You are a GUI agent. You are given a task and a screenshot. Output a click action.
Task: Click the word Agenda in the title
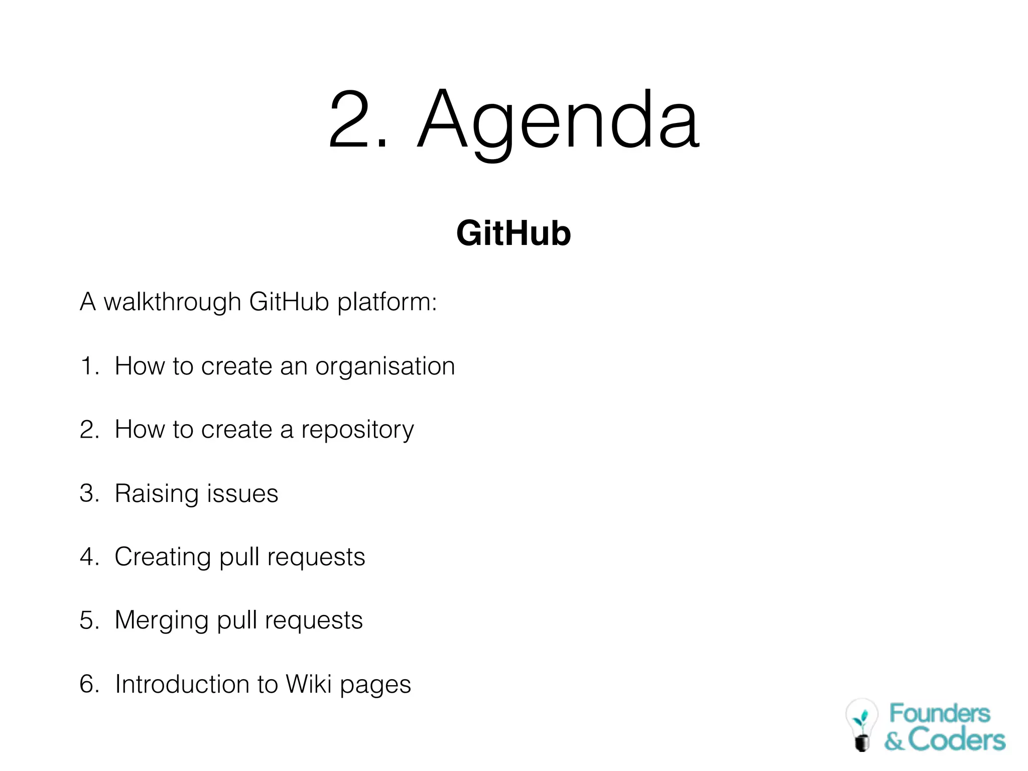pos(558,120)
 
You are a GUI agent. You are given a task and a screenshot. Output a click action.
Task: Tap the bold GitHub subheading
pos(513,233)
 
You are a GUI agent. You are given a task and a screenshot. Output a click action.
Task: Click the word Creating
pos(163,557)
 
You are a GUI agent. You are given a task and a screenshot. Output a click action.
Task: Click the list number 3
pos(89,493)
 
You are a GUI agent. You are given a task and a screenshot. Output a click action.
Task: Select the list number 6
pos(89,684)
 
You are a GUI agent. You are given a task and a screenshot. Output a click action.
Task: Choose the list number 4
pos(89,557)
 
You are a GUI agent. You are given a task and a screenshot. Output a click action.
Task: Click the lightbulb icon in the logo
pos(861,724)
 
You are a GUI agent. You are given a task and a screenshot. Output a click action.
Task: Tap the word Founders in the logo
pos(940,713)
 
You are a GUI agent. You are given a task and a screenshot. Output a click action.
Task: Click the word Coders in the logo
pos(957,740)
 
